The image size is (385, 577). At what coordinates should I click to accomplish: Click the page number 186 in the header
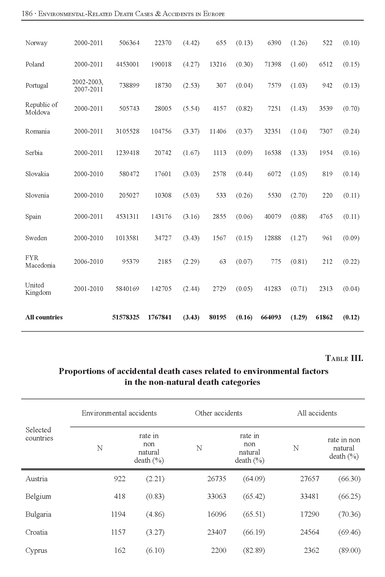(27, 14)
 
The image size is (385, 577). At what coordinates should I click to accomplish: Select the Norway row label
(36, 43)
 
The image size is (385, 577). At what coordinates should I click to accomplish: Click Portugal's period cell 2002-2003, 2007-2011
(88, 85)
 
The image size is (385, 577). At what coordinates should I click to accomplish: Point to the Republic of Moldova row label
(41, 109)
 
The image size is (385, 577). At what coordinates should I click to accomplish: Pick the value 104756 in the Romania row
(161, 131)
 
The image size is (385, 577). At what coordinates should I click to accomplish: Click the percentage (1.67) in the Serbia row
(191, 153)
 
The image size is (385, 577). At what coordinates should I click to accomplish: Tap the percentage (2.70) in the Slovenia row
(299, 195)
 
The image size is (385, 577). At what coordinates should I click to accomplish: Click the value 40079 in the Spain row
(273, 217)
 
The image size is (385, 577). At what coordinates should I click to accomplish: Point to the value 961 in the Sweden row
(327, 238)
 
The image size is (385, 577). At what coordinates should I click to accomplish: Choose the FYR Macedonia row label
(40, 262)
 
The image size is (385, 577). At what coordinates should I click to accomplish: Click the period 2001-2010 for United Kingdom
(88, 289)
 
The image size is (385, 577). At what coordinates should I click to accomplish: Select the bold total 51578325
(126, 317)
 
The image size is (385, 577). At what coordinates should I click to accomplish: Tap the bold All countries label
(44, 317)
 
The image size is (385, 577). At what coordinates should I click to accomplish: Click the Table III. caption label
(344, 359)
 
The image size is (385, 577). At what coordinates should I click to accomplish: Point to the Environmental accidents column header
(119, 413)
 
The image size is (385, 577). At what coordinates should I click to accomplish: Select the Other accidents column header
(218, 413)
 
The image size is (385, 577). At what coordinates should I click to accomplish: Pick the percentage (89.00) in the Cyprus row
(349, 551)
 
